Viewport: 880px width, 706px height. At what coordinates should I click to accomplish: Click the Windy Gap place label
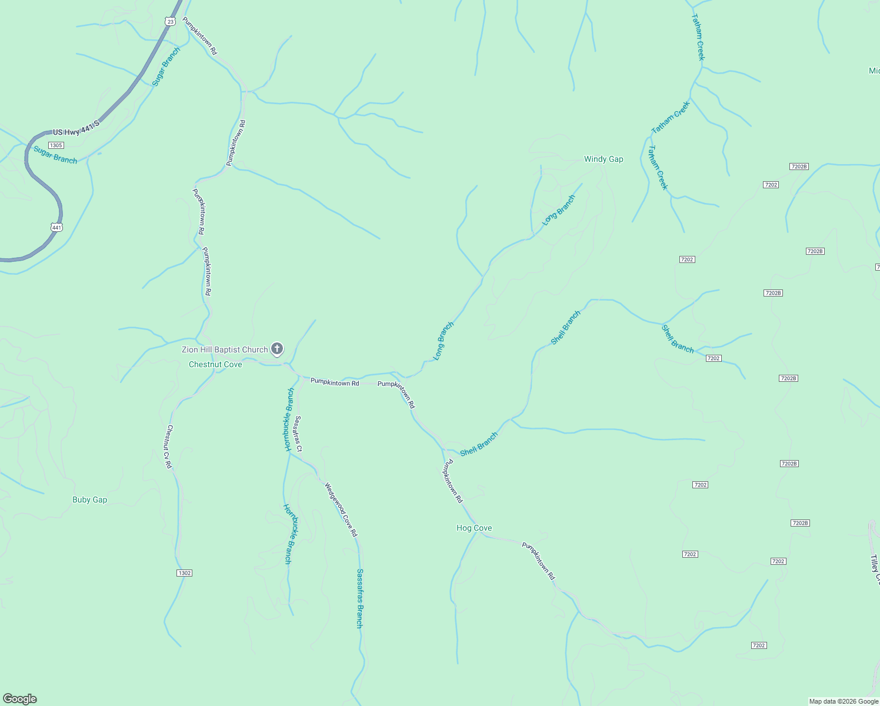point(603,159)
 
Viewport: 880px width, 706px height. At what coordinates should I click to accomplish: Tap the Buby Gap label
point(89,499)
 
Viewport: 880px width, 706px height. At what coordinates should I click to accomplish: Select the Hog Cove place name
point(474,528)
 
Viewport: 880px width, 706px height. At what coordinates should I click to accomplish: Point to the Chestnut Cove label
point(215,364)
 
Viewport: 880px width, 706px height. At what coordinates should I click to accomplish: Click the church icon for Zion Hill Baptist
point(277,349)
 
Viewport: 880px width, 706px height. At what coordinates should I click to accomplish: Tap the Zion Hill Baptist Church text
point(225,349)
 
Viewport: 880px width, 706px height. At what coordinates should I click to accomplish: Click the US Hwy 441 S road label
point(76,128)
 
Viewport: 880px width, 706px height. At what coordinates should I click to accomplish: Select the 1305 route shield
point(56,145)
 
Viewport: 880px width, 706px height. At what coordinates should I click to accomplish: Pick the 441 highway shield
point(56,227)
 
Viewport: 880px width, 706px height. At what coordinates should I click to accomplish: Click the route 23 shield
point(170,21)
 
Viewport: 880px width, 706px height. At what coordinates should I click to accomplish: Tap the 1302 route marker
point(184,572)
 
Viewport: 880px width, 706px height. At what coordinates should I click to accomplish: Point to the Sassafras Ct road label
point(298,434)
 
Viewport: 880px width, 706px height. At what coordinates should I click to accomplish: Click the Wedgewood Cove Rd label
point(341,509)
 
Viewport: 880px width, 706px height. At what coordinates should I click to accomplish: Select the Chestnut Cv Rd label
point(169,447)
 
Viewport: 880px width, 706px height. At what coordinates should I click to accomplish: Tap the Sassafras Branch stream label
point(359,598)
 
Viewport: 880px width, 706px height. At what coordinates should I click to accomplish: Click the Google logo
point(20,699)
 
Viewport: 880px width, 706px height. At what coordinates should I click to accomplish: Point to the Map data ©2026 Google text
point(844,701)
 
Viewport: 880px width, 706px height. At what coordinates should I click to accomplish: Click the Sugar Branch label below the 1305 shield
point(55,155)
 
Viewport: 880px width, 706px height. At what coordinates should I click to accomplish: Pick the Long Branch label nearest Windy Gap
point(558,210)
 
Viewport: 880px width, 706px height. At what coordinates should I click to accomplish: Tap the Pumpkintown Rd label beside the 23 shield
point(199,36)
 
